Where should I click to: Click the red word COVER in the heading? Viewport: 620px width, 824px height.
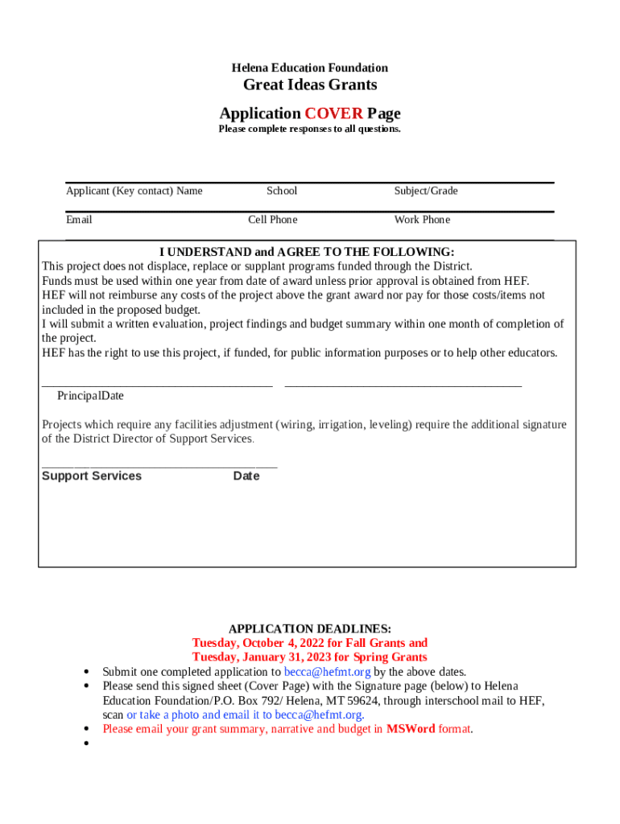pyautogui.click(x=333, y=113)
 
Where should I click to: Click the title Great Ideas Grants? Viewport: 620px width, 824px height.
pyautogui.click(x=310, y=85)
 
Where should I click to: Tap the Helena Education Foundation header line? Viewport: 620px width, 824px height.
pyautogui.click(x=310, y=68)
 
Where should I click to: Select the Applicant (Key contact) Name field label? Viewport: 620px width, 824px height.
pyautogui.click(x=134, y=191)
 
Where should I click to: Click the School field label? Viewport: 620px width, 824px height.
pyautogui.click(x=282, y=191)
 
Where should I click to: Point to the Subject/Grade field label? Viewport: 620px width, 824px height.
pyautogui.click(x=426, y=191)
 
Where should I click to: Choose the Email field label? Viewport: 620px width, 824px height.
pyautogui.click(x=79, y=220)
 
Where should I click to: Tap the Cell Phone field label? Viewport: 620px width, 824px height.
pyautogui.click(x=273, y=220)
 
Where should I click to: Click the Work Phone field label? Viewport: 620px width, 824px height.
pyautogui.click(x=422, y=220)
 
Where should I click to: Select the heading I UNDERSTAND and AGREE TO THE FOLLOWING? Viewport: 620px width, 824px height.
pyautogui.click(x=307, y=252)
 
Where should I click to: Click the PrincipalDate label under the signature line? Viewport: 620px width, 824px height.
pyautogui.click(x=90, y=396)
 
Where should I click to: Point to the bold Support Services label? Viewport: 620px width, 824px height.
pyautogui.click(x=92, y=476)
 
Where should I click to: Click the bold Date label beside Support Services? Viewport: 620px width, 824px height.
pyautogui.click(x=246, y=476)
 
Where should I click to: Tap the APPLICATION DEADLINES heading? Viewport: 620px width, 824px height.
pyautogui.click(x=310, y=629)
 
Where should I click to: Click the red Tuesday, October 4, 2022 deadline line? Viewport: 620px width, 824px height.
pyautogui.click(x=310, y=643)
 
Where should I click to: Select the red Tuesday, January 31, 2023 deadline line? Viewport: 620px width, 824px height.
pyautogui.click(x=310, y=657)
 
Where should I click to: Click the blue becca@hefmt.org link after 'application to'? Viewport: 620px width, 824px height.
pyautogui.click(x=328, y=672)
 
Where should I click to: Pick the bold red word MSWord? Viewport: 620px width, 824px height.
pyautogui.click(x=411, y=729)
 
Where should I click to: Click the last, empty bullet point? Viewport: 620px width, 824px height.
pyautogui.click(x=86, y=744)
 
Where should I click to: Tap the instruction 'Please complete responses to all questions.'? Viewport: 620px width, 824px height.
pyautogui.click(x=310, y=129)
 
